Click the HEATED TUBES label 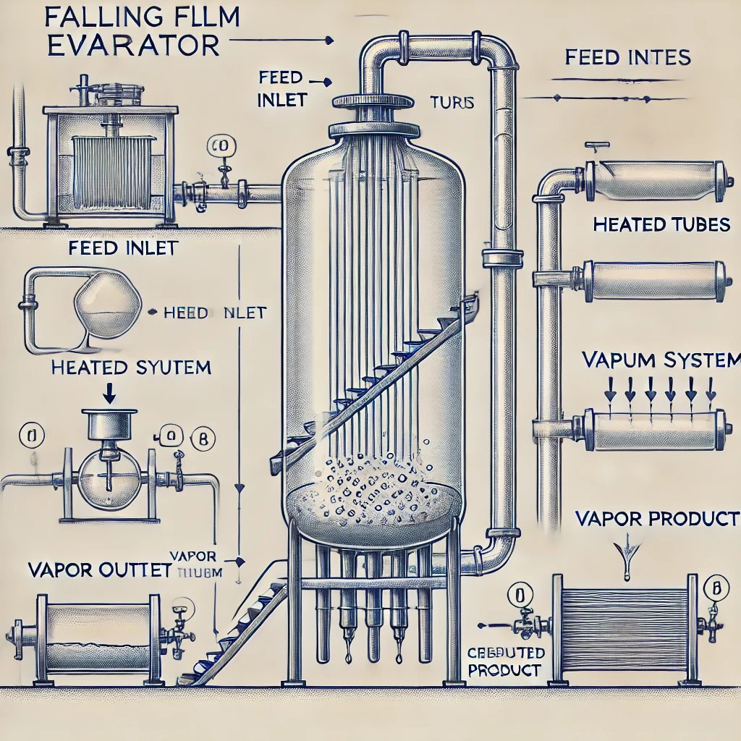pyautogui.click(x=661, y=225)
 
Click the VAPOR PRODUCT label pyautogui.click(x=657, y=519)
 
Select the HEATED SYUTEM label pyautogui.click(x=131, y=367)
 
